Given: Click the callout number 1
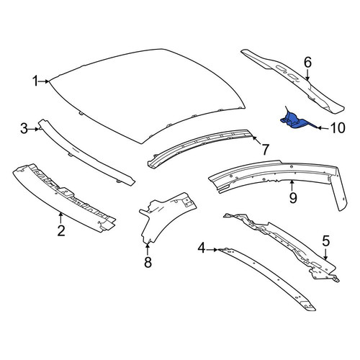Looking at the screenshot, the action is pyautogui.click(x=35, y=81).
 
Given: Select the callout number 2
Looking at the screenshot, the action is pyautogui.click(x=61, y=230).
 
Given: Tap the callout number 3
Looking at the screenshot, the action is pyautogui.click(x=24, y=129).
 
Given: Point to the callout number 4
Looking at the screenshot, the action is pyautogui.click(x=202, y=248).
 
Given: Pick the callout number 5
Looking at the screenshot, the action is pyautogui.click(x=325, y=241).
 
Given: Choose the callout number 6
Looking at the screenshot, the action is pyautogui.click(x=307, y=62).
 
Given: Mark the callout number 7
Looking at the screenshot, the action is pyautogui.click(x=265, y=150).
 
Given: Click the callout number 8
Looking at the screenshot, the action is pyautogui.click(x=148, y=262).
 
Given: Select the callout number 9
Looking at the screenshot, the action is pyautogui.click(x=293, y=198).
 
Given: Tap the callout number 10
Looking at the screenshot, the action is pyautogui.click(x=338, y=128).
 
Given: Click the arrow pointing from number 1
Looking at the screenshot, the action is pyautogui.click(x=44, y=81).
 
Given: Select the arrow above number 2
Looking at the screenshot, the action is pyautogui.click(x=61, y=217).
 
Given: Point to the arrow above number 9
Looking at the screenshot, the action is pyautogui.click(x=292, y=186).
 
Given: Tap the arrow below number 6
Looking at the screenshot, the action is pyautogui.click(x=307, y=74).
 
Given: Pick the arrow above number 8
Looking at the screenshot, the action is pyautogui.click(x=148, y=249).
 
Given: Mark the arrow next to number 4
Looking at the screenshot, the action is pyautogui.click(x=212, y=250).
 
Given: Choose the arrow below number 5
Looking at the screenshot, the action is pyautogui.click(x=325, y=254).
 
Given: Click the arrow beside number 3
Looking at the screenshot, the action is pyautogui.click(x=34, y=129).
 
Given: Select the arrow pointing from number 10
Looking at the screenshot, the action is pyautogui.click(x=324, y=128).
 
